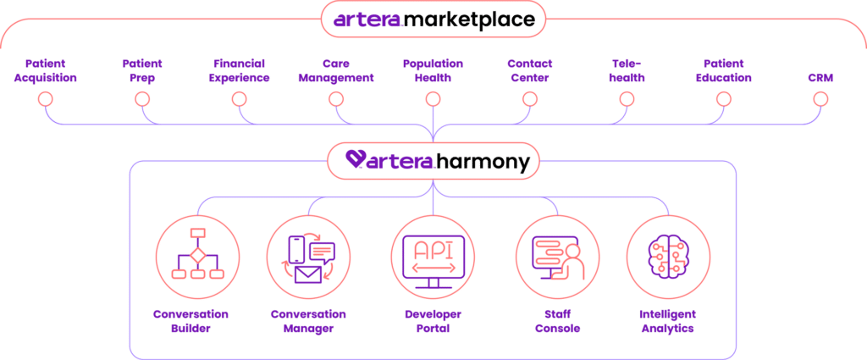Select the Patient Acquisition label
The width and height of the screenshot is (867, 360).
46,71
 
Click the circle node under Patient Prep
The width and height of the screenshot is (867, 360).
142,99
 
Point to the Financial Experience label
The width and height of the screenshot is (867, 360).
240,71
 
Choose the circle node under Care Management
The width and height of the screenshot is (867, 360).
336,99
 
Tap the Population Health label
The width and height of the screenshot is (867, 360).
433,71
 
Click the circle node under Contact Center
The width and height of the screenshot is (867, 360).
529,99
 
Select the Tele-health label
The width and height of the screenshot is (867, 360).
627,71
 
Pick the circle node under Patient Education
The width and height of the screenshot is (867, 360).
723,99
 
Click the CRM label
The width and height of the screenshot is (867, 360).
820,77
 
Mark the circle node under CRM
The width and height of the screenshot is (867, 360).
820,99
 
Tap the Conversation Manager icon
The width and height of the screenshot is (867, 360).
308,254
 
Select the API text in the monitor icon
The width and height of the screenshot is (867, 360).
432,248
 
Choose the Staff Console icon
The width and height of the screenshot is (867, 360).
557,254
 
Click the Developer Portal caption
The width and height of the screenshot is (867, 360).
433,321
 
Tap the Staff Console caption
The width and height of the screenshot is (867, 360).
557,321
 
